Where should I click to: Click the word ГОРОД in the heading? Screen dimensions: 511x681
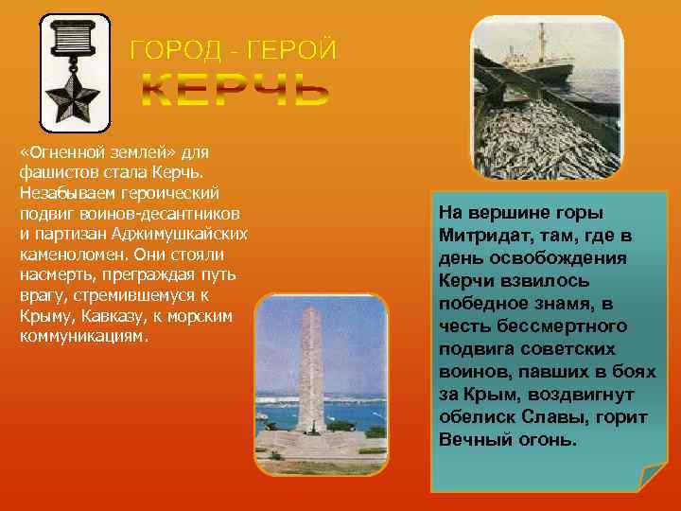point(168,48)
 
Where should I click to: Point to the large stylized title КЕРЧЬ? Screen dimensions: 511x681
point(236,90)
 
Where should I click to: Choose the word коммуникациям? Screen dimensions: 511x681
point(83,337)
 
